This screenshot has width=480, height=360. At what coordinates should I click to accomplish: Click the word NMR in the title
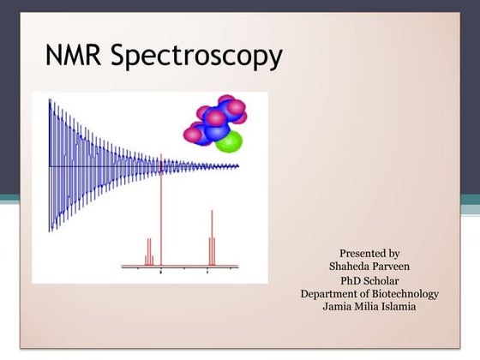(x=75, y=57)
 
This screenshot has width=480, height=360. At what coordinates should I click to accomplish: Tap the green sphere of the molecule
(x=229, y=139)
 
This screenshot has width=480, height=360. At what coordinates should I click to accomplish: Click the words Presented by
(x=369, y=253)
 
